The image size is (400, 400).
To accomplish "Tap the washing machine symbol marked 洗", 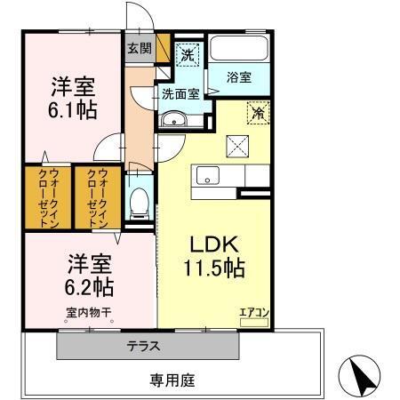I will click(x=188, y=55).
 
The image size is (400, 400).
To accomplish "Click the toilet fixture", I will click(x=138, y=203).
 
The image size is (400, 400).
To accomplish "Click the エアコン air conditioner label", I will click(x=252, y=311).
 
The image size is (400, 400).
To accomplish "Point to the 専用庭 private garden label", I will click(x=172, y=380).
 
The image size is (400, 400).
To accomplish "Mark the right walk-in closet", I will click(x=97, y=197).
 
